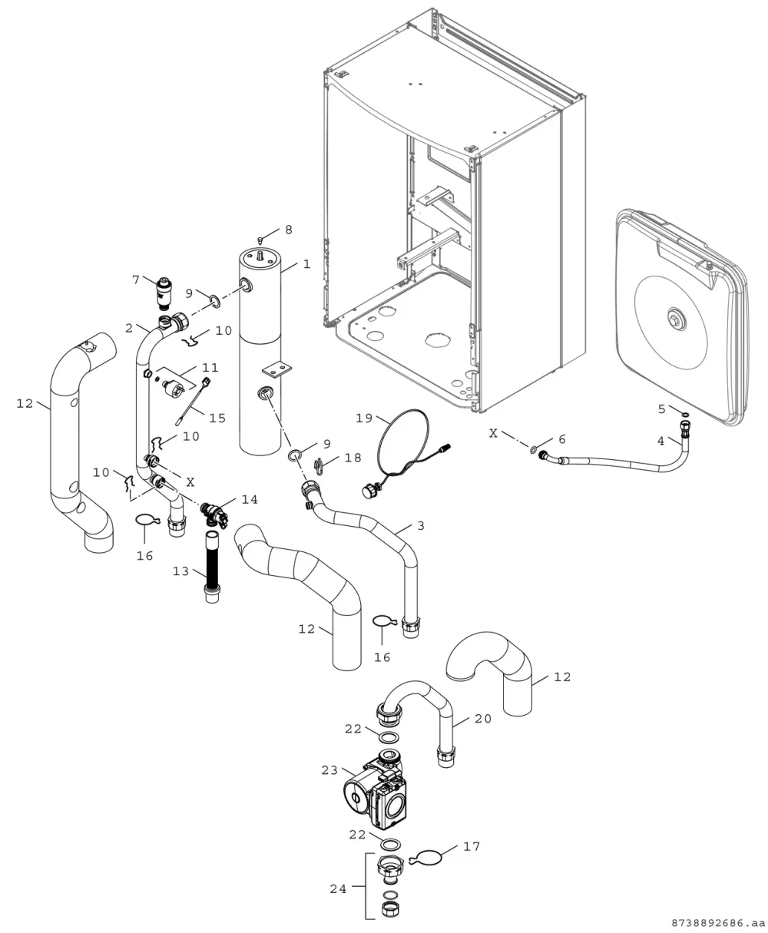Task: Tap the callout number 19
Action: coord(364,418)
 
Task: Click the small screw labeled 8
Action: coord(260,240)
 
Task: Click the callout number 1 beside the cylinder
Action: coord(306,264)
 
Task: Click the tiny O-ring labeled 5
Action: coord(685,415)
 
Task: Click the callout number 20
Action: coord(482,719)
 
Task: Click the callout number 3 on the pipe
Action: coord(421,525)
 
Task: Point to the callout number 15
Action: coord(217,418)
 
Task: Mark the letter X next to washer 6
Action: coord(493,434)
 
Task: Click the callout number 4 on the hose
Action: coord(660,441)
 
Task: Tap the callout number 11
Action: coord(210,368)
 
